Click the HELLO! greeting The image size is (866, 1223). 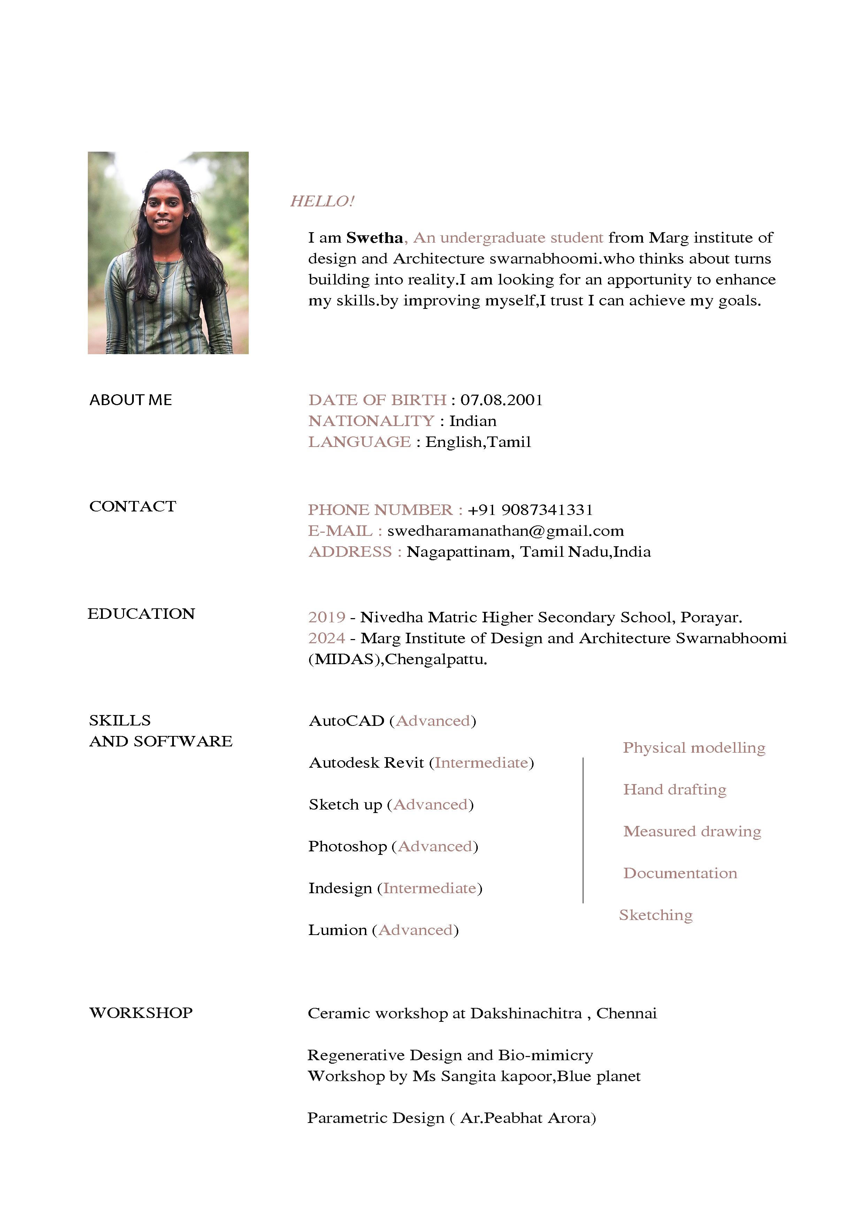point(322,201)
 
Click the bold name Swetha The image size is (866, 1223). point(374,238)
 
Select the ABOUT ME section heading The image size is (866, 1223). point(131,400)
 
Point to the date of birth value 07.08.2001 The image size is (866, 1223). point(501,400)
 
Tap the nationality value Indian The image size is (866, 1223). point(473,421)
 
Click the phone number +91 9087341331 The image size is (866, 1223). point(530,510)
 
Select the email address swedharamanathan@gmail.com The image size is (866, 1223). point(506,531)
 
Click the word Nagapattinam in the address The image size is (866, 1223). point(460,552)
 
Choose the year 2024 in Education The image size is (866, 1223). point(327,638)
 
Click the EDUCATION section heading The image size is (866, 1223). point(141,614)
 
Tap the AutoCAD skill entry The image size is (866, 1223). point(347,721)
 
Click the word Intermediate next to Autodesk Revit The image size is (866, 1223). point(482,763)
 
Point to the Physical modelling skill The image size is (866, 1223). point(694,748)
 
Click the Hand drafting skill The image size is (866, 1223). point(675,790)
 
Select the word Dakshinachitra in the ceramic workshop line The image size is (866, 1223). point(526,1013)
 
